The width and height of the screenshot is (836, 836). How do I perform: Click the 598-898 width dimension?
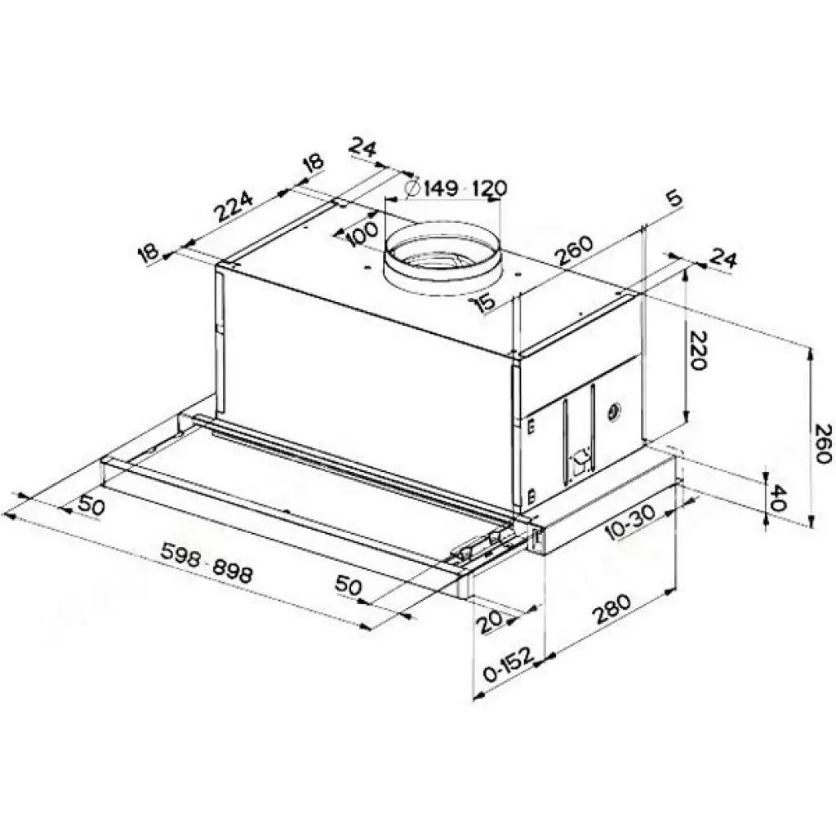tap(207, 563)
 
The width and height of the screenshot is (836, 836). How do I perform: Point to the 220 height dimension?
tap(697, 351)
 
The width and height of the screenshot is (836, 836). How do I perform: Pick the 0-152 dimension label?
tap(508, 665)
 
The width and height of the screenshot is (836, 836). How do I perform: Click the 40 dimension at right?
tap(778, 497)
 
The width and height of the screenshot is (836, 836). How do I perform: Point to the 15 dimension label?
tap(485, 303)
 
